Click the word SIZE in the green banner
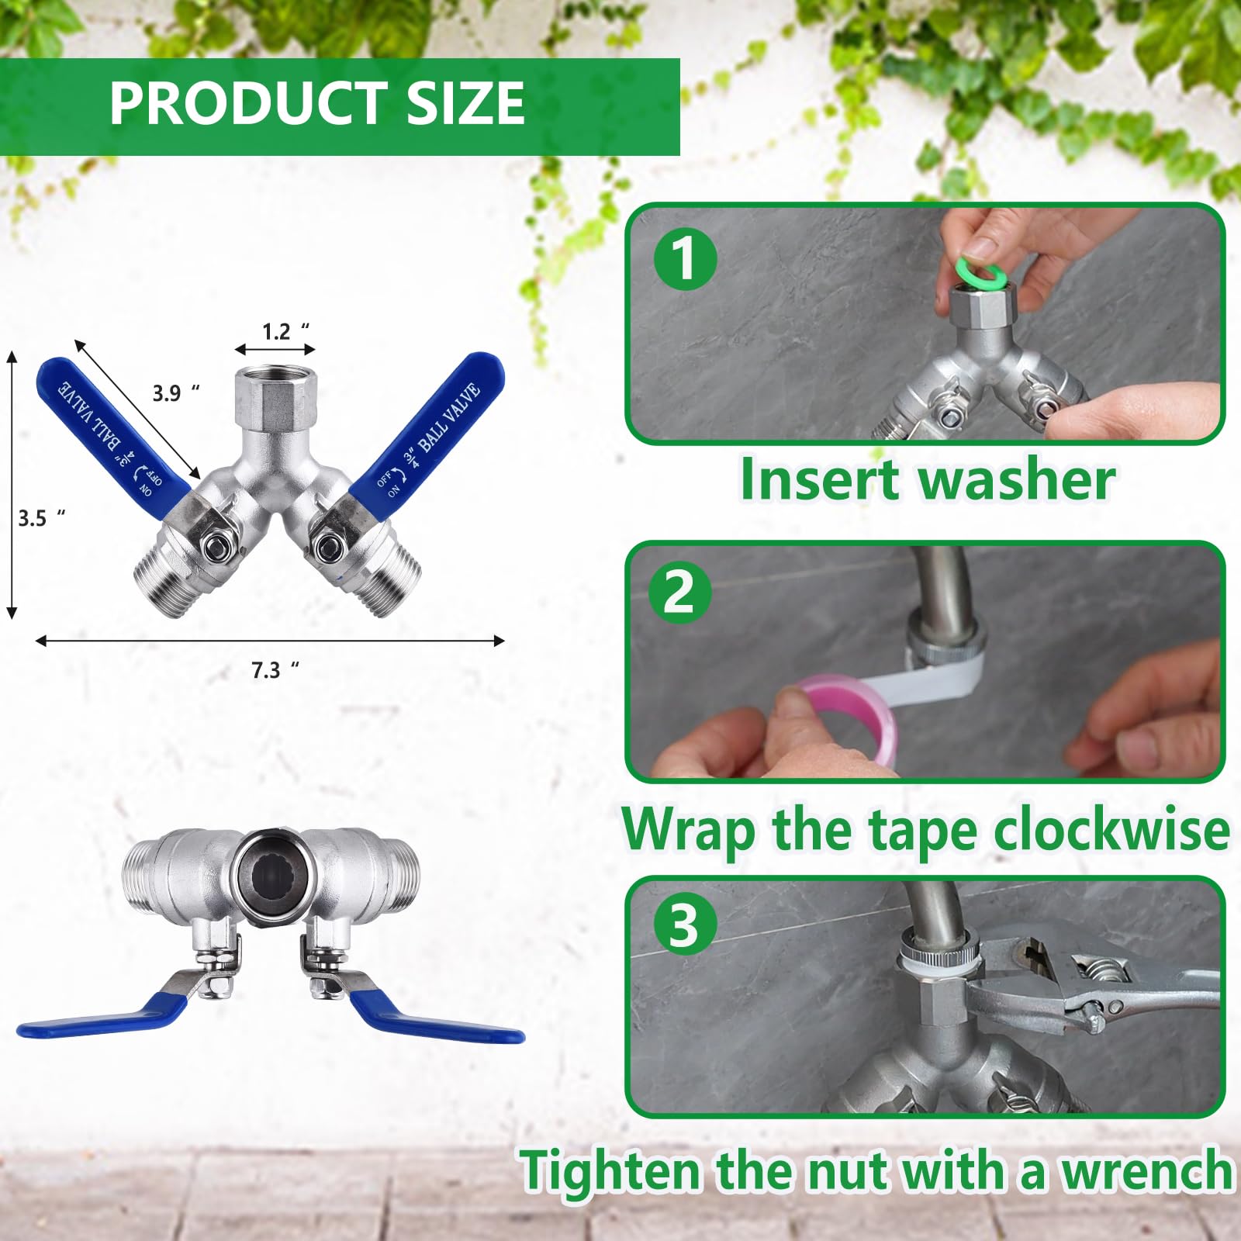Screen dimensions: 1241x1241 click(465, 103)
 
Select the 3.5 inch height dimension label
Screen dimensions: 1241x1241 click(41, 517)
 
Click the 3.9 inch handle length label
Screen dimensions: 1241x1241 click(175, 393)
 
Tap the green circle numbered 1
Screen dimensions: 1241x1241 click(685, 259)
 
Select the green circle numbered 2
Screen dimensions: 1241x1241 click(680, 592)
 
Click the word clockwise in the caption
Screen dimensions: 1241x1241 click(1111, 830)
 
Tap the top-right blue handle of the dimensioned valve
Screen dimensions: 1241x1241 click(427, 427)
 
